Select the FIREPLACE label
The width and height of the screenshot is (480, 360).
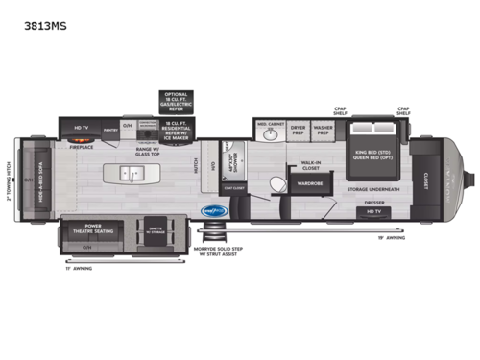pos(80,147)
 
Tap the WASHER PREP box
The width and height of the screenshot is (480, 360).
pos(324,129)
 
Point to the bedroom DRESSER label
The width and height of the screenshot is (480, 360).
pos(377,203)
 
